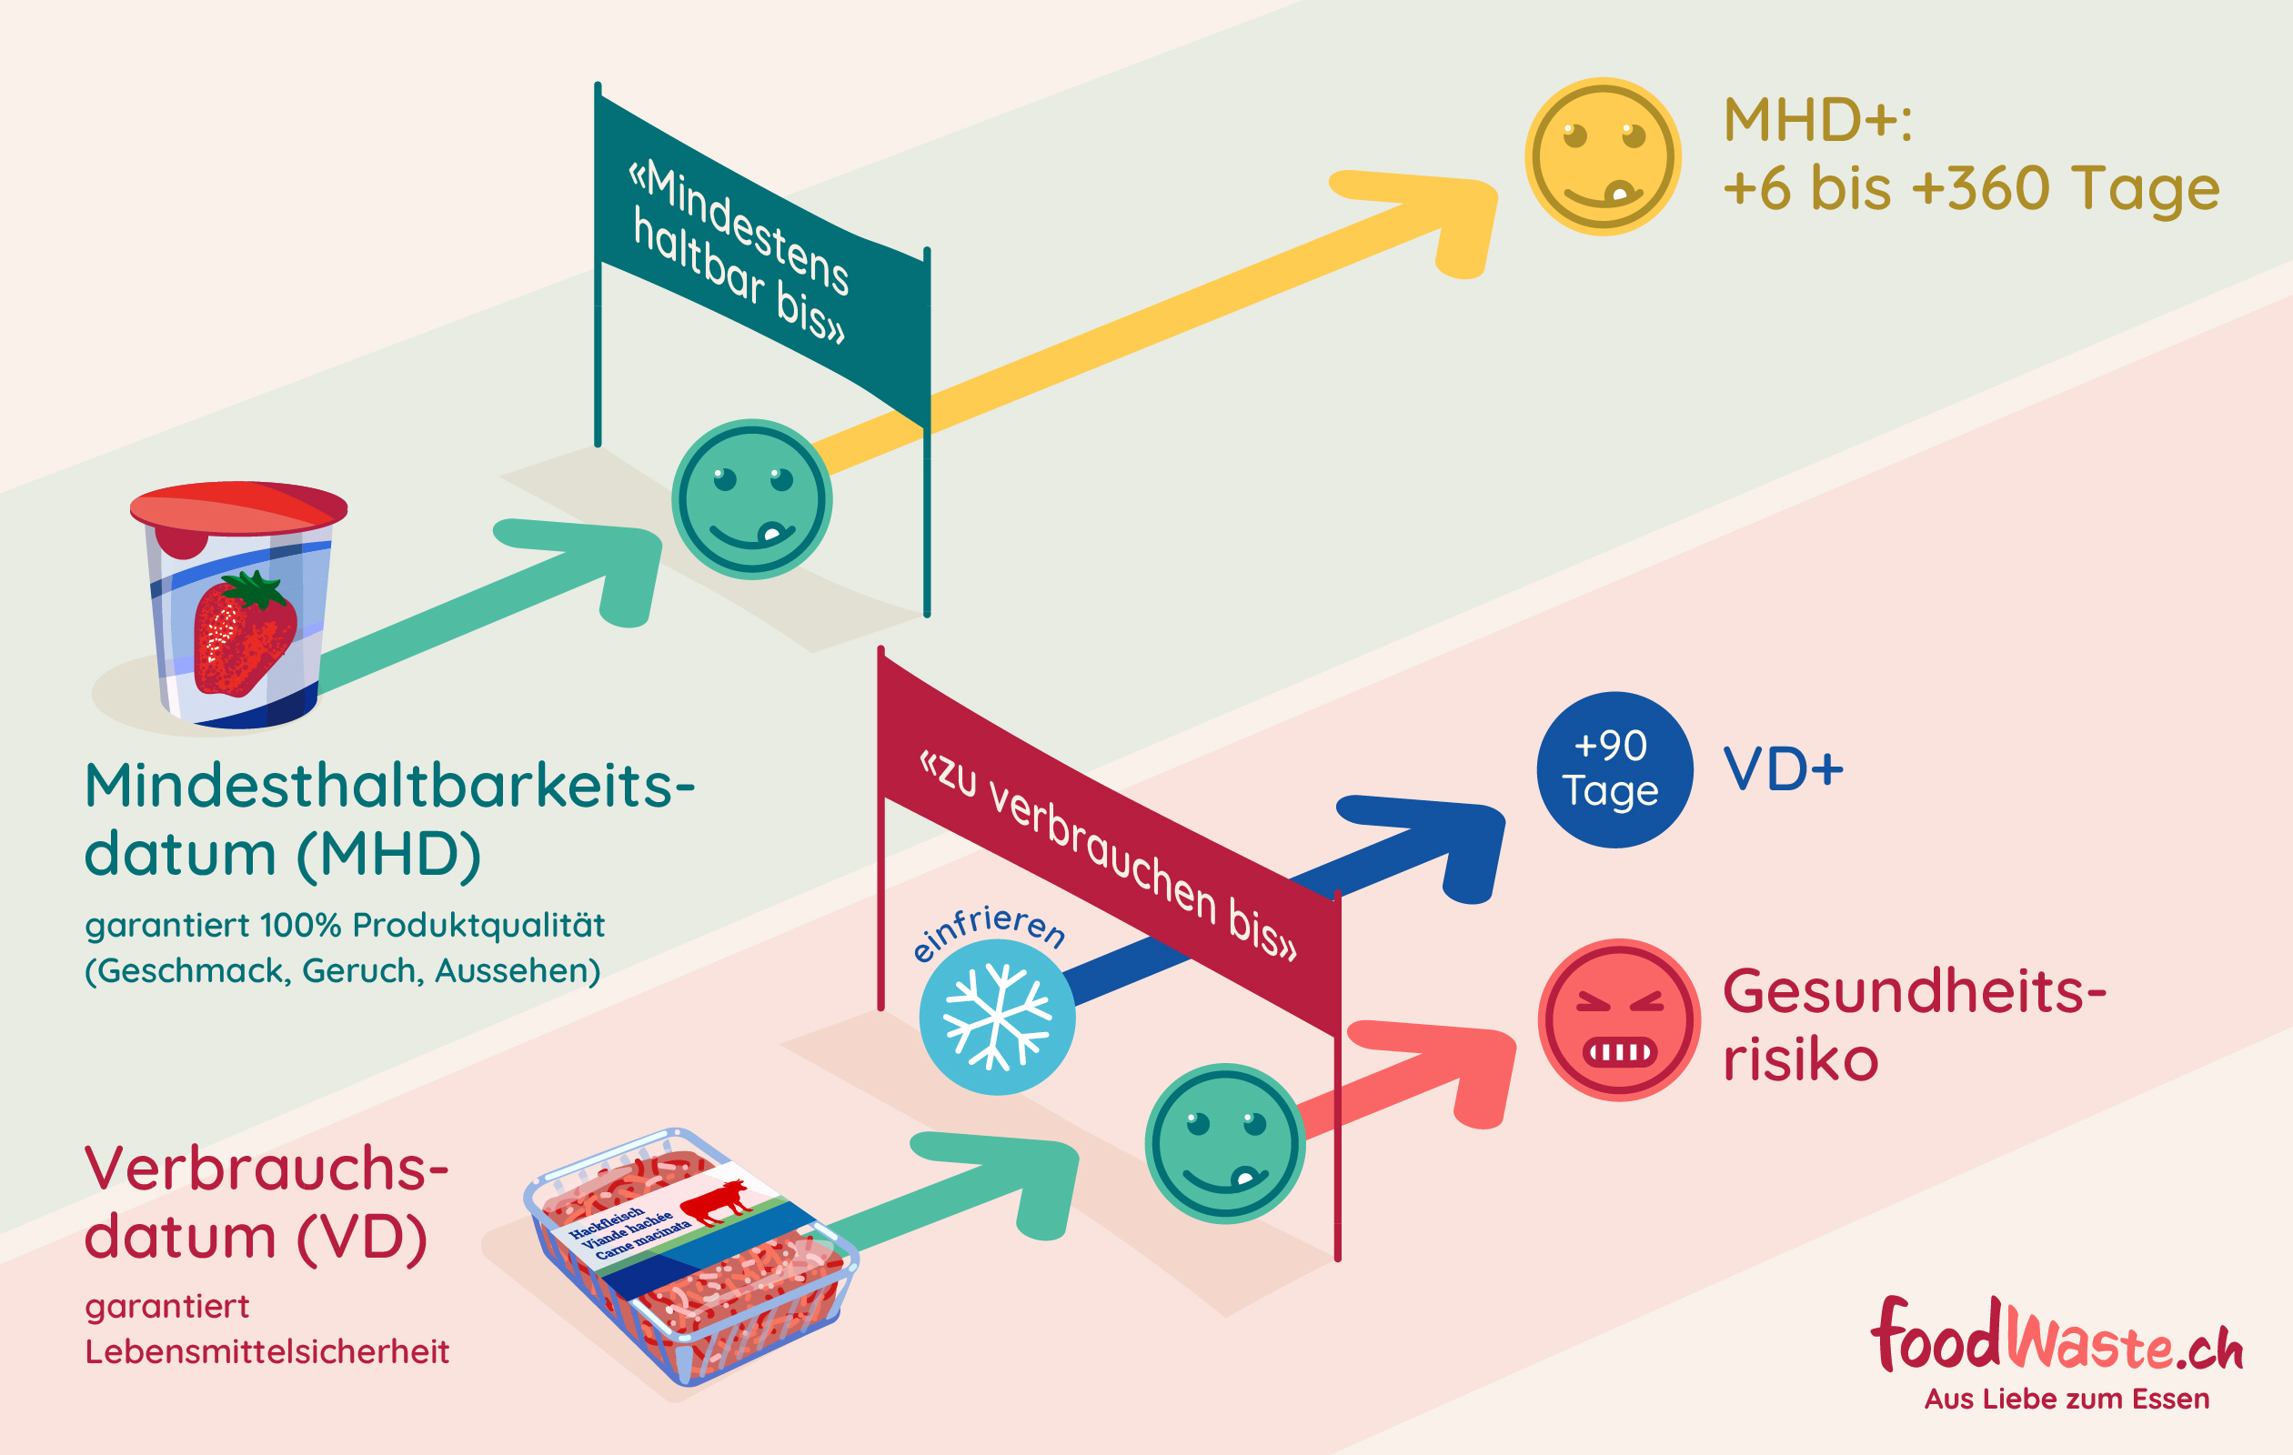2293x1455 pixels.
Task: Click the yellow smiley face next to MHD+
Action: point(1603,156)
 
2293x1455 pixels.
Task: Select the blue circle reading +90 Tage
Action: point(1614,769)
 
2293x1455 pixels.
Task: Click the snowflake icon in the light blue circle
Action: point(997,1017)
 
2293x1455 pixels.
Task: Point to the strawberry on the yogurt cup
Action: point(243,634)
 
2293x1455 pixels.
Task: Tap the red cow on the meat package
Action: point(716,1200)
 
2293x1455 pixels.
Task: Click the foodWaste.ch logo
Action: point(2057,1338)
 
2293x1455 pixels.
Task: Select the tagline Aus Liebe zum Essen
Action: point(2067,1399)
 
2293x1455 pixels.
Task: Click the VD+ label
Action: point(1783,769)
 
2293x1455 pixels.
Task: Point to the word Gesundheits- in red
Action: point(1914,991)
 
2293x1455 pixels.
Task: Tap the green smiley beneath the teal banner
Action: point(752,499)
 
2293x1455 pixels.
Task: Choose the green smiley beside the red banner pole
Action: point(1224,1143)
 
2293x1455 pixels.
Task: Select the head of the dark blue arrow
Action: point(1447,843)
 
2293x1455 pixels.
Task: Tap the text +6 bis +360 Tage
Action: point(1971,188)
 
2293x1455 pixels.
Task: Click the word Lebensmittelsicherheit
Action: point(267,1351)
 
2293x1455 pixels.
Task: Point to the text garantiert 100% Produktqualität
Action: point(345,925)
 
